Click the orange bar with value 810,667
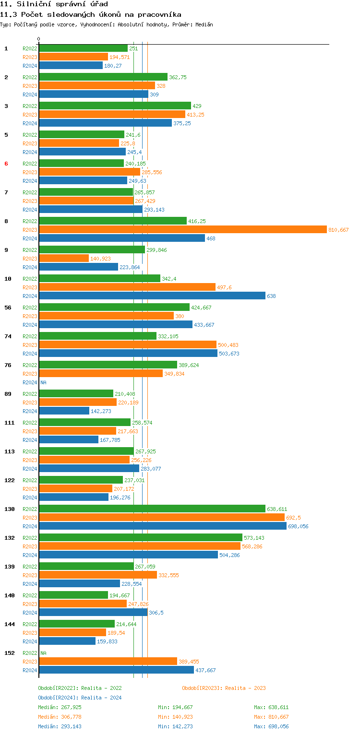point(182,230)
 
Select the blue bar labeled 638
point(152,296)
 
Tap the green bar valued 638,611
point(152,509)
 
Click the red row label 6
point(6,164)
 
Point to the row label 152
point(9,653)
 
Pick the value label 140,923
point(100,259)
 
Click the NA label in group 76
point(43,382)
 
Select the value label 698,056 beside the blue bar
point(298,526)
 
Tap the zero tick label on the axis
point(39,39)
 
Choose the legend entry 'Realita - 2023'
point(224,688)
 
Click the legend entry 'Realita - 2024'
point(80,698)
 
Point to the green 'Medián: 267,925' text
point(60,707)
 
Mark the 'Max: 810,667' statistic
point(271,717)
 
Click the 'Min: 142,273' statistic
point(175,726)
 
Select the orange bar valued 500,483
point(128,345)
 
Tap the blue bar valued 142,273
point(64,411)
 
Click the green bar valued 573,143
point(140,537)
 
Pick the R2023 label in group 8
point(30,230)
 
